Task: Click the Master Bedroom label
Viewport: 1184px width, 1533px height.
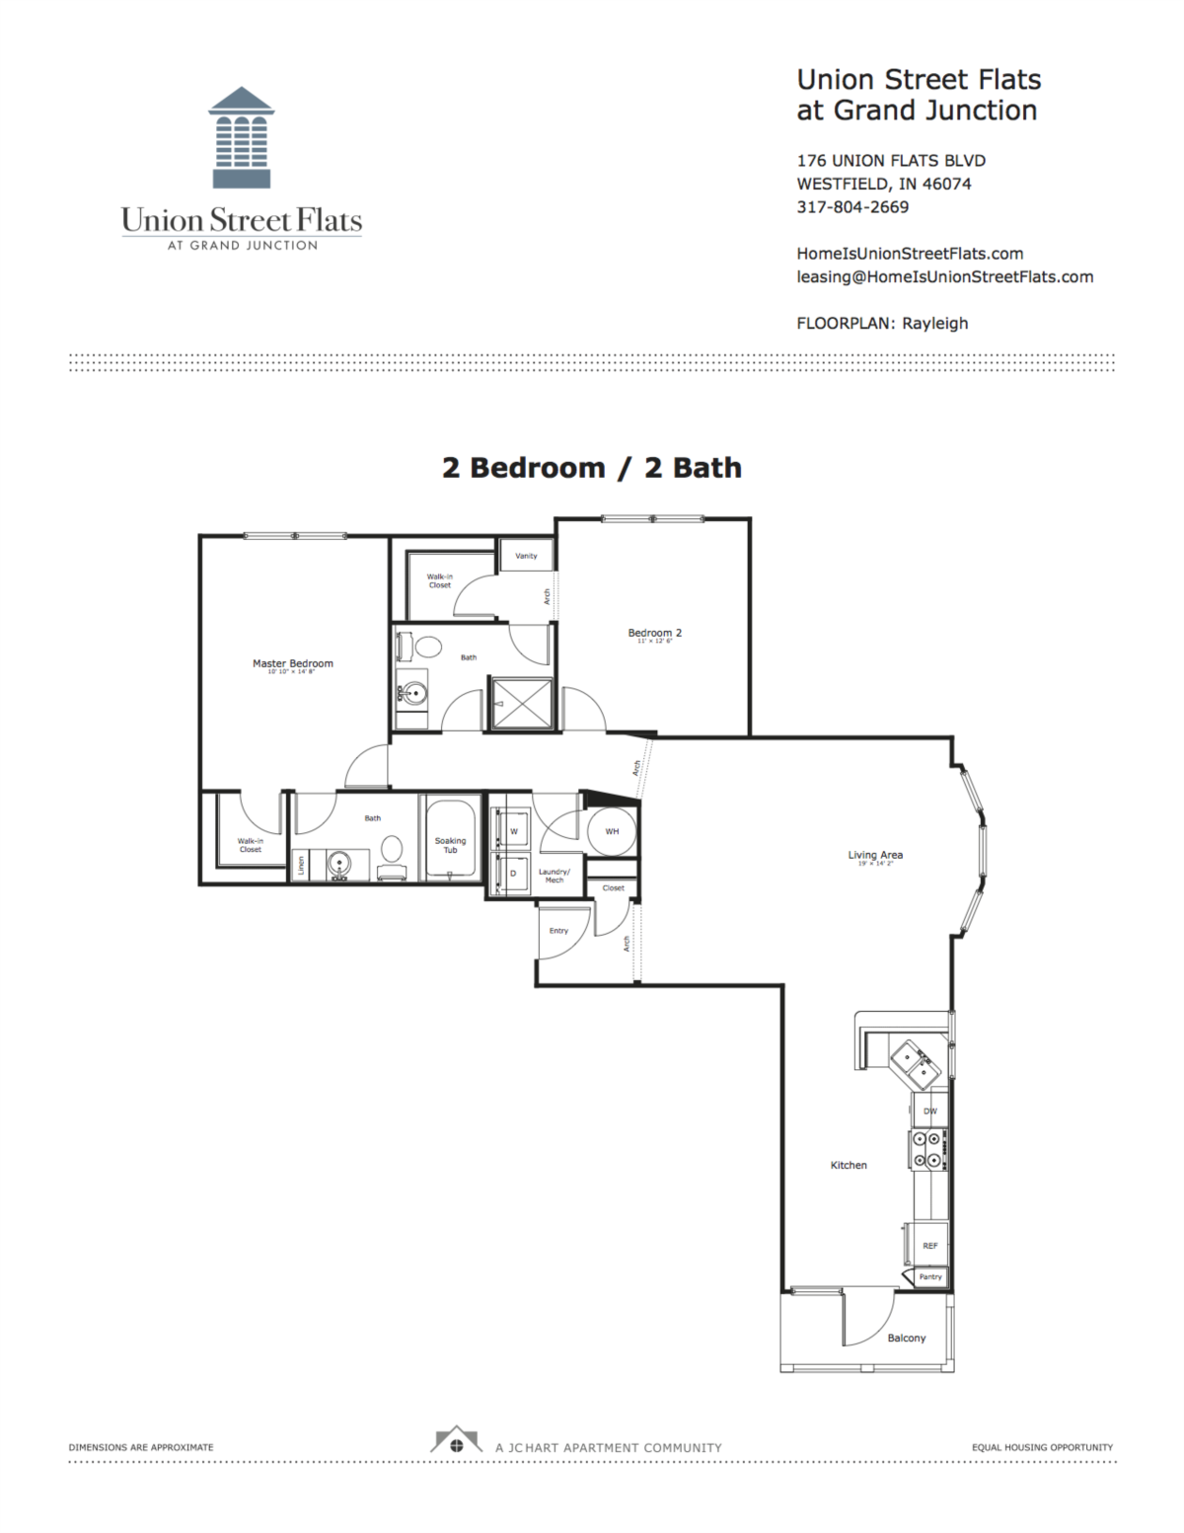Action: pos(292,663)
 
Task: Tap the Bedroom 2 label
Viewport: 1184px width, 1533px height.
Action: pos(655,633)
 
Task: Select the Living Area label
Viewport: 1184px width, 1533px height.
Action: pos(875,855)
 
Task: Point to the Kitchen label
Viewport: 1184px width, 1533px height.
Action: pos(849,1165)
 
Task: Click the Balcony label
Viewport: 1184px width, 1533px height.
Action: pos(906,1338)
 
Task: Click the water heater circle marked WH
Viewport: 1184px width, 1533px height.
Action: pos(612,831)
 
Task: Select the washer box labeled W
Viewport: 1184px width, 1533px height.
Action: pos(513,831)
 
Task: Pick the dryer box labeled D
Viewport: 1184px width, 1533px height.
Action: pos(513,874)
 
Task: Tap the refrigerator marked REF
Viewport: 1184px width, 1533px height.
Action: pos(929,1246)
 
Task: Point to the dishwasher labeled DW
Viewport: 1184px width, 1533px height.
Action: pos(929,1111)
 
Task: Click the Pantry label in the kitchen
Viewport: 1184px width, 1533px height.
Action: pos(930,1277)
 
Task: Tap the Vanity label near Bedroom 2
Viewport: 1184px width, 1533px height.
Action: pos(526,556)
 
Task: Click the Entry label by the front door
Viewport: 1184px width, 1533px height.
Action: pos(558,931)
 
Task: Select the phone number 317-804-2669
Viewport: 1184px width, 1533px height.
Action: pos(852,207)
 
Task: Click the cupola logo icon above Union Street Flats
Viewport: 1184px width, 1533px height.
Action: pos(241,138)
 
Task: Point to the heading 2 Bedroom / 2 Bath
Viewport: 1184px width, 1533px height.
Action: pos(592,468)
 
